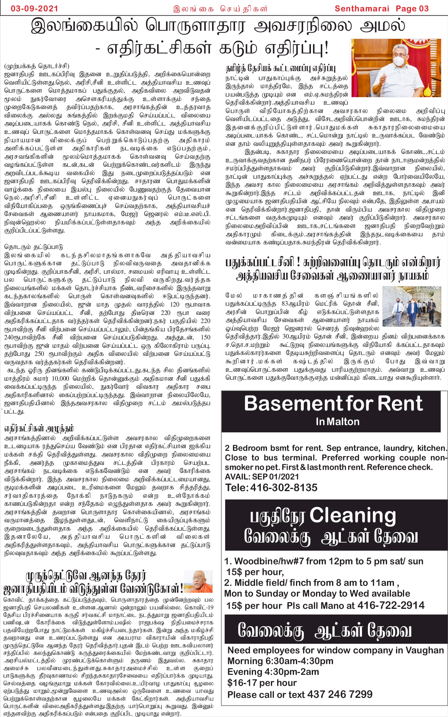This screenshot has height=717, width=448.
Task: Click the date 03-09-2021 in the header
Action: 34,8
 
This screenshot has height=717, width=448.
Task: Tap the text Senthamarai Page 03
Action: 381,9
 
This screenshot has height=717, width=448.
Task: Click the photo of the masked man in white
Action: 396,68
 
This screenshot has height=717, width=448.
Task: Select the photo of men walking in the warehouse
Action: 412,306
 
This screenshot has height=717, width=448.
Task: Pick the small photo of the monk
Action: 198,581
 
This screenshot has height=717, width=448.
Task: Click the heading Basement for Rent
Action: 333,404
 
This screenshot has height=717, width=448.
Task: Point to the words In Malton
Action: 337,422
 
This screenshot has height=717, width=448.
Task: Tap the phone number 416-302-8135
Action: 283,487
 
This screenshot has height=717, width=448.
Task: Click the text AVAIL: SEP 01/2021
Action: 262,477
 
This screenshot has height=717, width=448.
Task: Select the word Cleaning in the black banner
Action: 352,516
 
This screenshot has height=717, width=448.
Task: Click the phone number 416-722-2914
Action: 391,605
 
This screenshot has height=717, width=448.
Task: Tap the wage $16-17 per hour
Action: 262,683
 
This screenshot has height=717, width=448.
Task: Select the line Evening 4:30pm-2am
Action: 273,672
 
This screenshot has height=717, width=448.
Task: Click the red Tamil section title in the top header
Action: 220,9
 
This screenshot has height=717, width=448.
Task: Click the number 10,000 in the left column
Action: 60,379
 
